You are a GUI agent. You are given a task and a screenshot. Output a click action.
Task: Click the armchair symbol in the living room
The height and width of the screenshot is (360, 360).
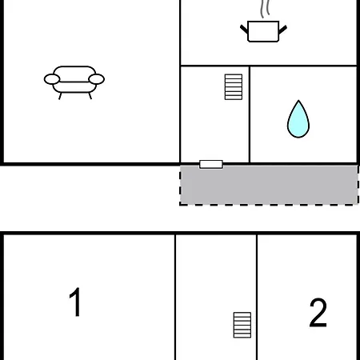pos(74,82)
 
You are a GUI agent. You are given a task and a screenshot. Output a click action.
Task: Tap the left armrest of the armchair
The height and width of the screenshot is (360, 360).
pos(52,79)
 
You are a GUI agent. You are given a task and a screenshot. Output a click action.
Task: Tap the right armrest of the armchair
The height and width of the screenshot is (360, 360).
pos(96,79)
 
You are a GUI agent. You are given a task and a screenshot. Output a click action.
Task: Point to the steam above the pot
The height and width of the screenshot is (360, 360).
pos(265,9)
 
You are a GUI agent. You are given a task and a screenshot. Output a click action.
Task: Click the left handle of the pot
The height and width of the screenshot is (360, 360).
pos(244,30)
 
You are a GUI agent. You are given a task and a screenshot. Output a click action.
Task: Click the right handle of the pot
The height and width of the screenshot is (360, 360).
pos(282,30)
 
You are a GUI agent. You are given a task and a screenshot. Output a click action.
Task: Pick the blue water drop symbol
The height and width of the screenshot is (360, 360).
pos(298,120)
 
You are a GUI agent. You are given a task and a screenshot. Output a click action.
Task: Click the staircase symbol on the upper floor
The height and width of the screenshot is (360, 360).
pos(234,87)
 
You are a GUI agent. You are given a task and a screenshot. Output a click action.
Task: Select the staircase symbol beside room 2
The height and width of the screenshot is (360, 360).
pos(242,325)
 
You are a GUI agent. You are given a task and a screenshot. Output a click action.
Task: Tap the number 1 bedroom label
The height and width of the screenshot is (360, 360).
pos(75,302)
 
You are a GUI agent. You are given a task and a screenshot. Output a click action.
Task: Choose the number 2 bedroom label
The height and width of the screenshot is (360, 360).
pos(318,313)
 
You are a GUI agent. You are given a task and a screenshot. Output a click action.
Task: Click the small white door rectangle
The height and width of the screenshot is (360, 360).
pos(211,164)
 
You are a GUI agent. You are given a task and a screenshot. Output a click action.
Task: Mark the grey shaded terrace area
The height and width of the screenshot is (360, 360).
pos(269,186)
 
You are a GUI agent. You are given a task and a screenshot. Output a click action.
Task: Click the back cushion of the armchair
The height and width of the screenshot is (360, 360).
pos(74,74)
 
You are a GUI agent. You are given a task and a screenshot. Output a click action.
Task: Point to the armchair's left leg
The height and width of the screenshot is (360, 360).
pos(60,96)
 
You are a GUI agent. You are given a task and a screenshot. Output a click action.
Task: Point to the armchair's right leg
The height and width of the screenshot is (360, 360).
pos(90,96)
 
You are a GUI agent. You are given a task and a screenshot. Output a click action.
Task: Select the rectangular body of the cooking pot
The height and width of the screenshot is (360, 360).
pos(263,31)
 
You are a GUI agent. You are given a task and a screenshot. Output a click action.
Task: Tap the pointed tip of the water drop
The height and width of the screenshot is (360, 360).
pos(298,101)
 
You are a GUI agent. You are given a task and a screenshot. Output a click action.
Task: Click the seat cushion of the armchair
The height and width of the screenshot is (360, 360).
pos(74,87)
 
